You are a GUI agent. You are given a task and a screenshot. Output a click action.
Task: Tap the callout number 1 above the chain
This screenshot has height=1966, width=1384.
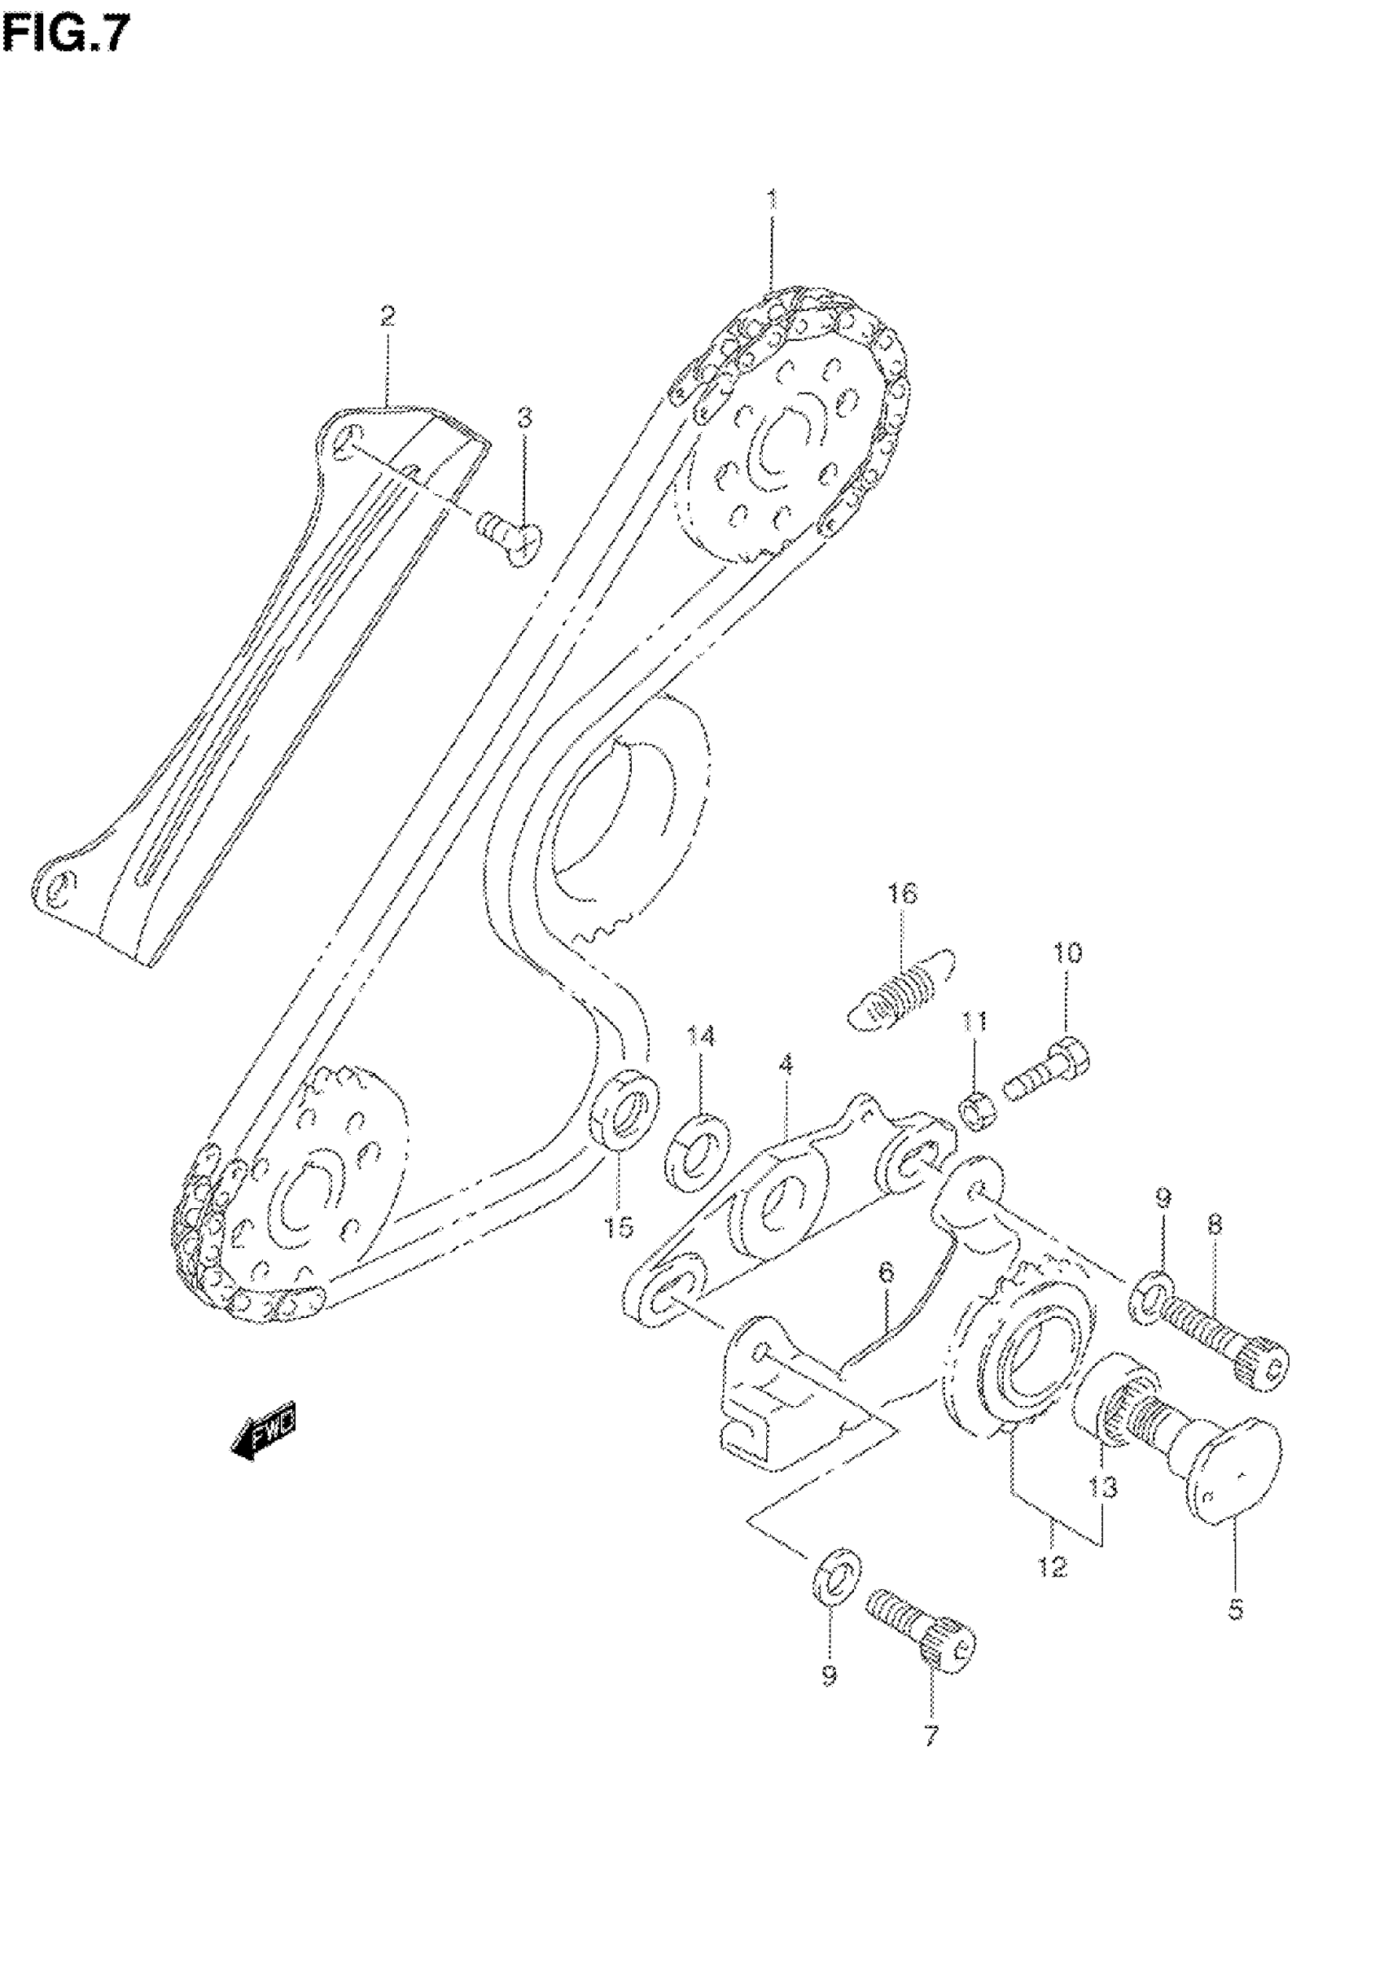(772, 200)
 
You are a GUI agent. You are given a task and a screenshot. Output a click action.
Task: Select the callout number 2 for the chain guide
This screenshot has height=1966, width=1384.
(387, 317)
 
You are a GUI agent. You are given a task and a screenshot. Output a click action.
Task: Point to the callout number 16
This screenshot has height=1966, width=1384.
(903, 894)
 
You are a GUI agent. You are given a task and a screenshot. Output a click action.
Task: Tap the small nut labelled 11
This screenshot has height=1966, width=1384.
(975, 1113)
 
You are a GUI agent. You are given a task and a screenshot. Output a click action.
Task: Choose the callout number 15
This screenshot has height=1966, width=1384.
(617, 1228)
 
